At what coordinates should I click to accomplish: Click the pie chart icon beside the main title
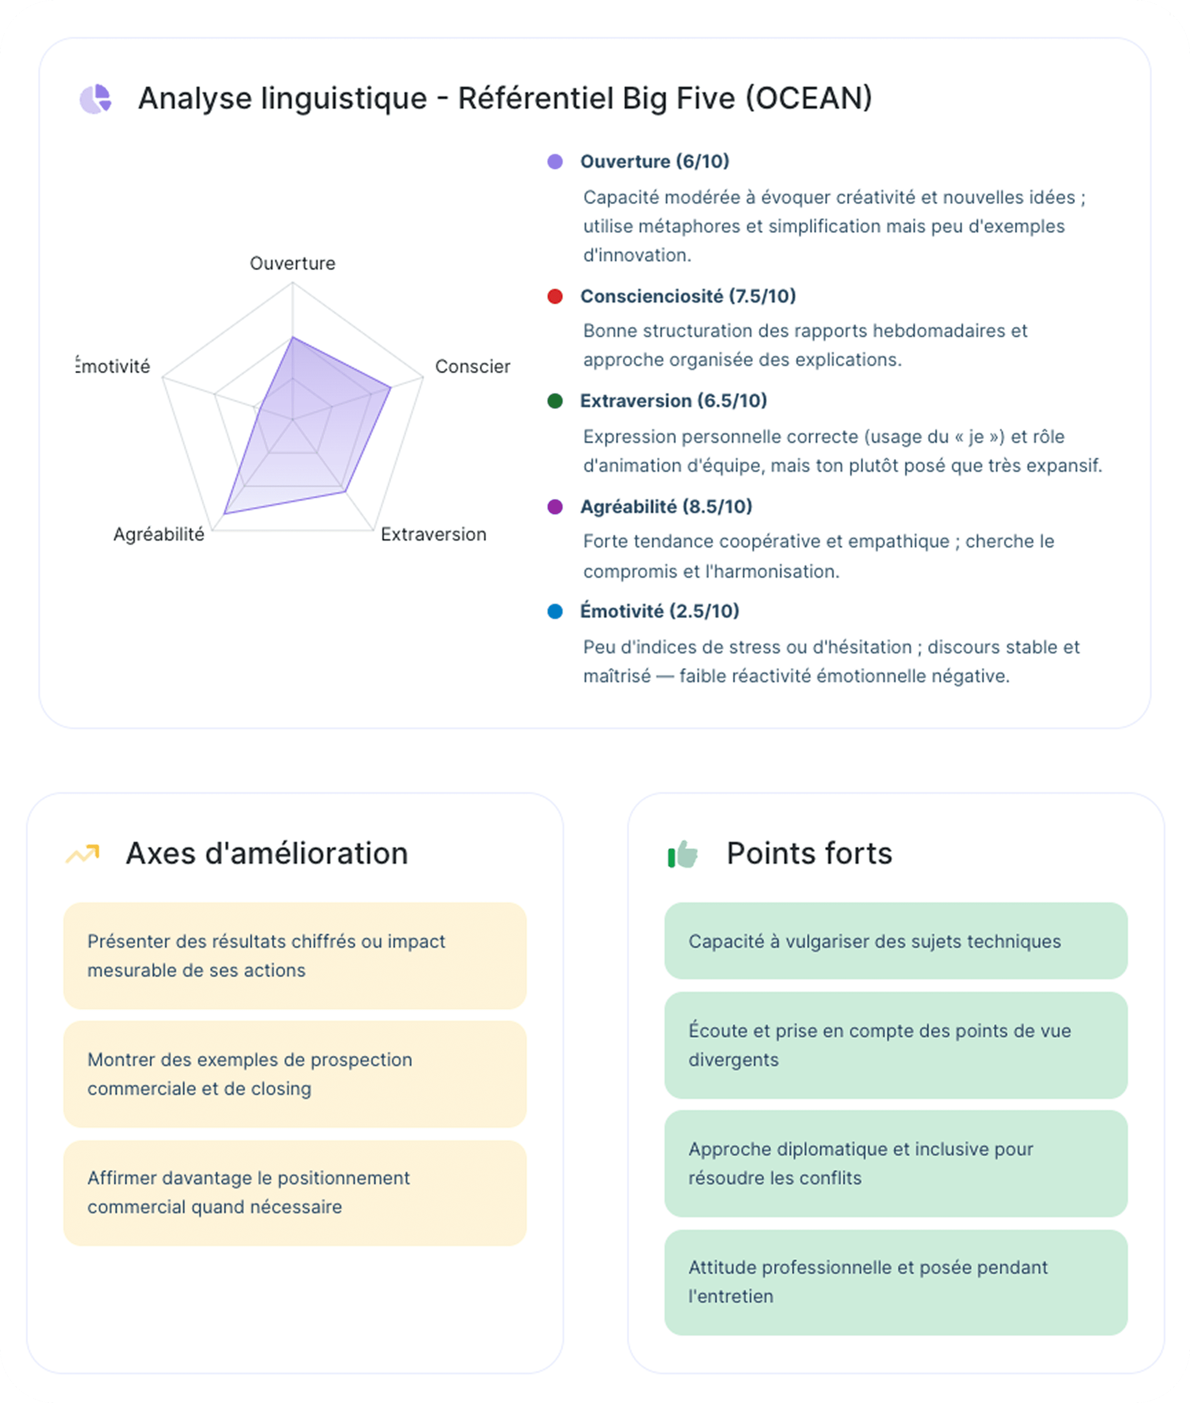(x=95, y=99)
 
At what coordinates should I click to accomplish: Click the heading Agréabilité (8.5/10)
(x=666, y=507)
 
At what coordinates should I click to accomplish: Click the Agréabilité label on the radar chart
(x=159, y=534)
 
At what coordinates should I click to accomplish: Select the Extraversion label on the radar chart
(x=433, y=534)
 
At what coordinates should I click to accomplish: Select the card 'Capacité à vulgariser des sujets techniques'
(x=895, y=941)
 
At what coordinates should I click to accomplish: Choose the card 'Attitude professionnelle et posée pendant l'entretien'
(x=895, y=1282)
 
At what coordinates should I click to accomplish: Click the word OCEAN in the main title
(x=808, y=98)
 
